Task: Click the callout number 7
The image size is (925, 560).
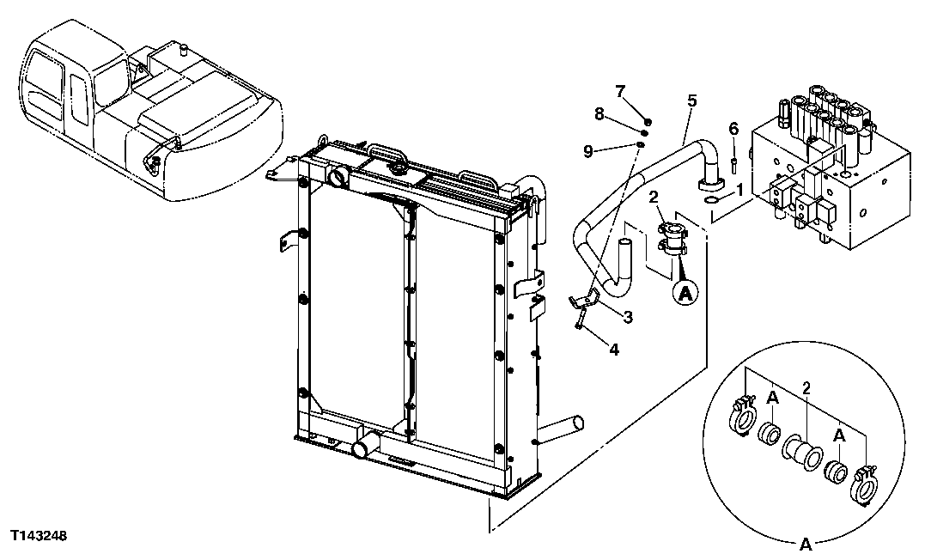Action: click(622, 91)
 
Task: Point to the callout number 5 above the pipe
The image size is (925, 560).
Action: click(691, 100)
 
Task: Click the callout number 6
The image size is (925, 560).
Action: click(733, 129)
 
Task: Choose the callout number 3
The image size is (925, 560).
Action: click(628, 318)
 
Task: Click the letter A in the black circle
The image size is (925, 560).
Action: click(685, 294)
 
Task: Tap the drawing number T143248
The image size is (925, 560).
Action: click(39, 536)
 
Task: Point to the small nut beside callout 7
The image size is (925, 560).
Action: click(648, 121)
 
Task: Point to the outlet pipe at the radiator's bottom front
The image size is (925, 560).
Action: click(364, 447)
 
